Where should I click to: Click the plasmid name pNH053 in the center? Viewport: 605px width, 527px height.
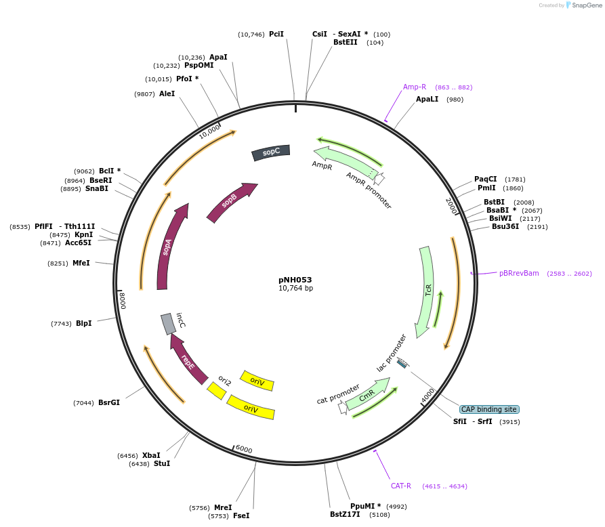pos(295,279)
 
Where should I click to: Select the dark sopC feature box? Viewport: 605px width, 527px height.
pos(271,152)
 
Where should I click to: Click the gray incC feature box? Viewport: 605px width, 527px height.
pos(168,324)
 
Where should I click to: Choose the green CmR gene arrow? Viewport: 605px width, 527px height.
pos(367,396)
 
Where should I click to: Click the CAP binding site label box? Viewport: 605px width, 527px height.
pos(488,409)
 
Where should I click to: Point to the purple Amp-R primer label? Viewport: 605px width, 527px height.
pos(415,87)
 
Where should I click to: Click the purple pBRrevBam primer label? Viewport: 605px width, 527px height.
pos(519,273)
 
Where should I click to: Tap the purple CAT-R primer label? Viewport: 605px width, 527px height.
pos(400,486)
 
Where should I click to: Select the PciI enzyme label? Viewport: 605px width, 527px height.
pos(276,34)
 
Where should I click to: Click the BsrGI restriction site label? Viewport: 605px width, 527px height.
pos(109,402)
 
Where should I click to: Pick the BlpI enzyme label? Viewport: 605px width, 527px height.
pos(83,323)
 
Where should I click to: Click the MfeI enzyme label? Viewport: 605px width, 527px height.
pos(81,263)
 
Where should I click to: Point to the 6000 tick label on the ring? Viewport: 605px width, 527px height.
pos(243,450)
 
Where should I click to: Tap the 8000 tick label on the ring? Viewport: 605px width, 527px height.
pos(123,299)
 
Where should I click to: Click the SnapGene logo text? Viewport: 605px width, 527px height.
pos(584,5)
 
